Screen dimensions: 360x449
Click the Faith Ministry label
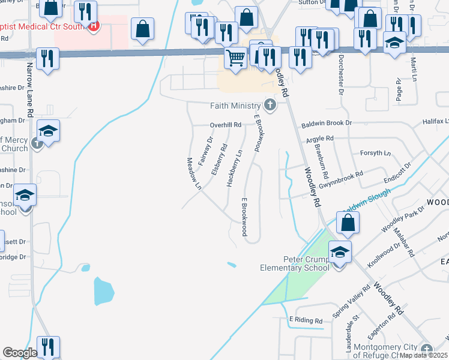pyautogui.click(x=235, y=106)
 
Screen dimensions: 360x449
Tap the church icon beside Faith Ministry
pyautogui.click(x=270, y=106)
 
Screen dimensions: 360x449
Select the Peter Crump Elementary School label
pyautogui.click(x=294, y=263)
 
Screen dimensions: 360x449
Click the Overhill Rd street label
pyautogui.click(x=225, y=125)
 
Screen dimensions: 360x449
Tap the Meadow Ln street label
pyautogui.click(x=193, y=174)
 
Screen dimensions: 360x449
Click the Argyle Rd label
pyautogui.click(x=319, y=139)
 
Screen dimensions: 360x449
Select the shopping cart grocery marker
pyautogui.click(x=235, y=58)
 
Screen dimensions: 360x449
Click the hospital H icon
pyautogui.click(x=93, y=26)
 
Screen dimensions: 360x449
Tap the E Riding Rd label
pyautogui.click(x=306, y=320)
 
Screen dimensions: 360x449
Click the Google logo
pyautogui.click(x=20, y=353)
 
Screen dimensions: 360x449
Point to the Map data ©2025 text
pyautogui.click(x=423, y=355)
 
